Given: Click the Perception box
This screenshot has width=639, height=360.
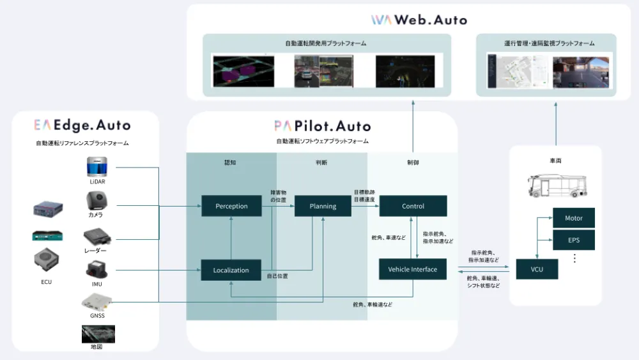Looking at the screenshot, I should (x=231, y=206).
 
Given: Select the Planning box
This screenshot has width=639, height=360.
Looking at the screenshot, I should (x=323, y=206).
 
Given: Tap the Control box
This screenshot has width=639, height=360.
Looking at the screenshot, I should (x=413, y=206).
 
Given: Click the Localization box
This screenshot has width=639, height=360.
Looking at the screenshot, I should (x=231, y=270).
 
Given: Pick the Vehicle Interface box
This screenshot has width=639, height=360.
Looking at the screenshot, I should (x=413, y=269).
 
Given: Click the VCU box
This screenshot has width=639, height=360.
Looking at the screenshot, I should (x=537, y=269).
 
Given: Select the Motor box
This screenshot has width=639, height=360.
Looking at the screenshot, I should (x=574, y=218).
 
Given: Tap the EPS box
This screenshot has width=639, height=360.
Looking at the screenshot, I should (x=574, y=240).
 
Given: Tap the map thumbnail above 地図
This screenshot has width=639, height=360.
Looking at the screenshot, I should (x=98, y=333).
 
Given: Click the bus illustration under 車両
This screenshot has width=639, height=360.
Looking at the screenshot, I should (x=555, y=185).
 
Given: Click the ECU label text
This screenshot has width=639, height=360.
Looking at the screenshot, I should (x=46, y=282).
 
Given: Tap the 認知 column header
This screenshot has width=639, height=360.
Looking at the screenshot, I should (x=231, y=162).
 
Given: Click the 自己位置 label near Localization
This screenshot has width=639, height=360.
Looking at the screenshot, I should (x=277, y=276).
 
